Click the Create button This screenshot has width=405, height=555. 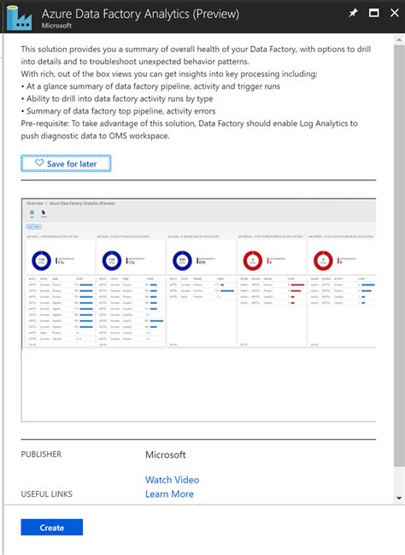[x=52, y=528]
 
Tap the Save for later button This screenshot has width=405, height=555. [x=66, y=163]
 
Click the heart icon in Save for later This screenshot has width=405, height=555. [x=39, y=163]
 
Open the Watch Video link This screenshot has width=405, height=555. [x=172, y=480]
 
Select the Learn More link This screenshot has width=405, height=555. [x=169, y=494]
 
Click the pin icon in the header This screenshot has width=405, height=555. [x=354, y=14]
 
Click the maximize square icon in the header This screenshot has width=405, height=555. [x=373, y=14]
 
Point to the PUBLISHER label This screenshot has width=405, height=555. [x=41, y=455]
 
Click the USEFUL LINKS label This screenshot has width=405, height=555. [x=46, y=494]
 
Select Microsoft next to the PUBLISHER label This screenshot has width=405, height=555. [x=165, y=455]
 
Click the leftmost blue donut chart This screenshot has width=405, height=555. [x=41, y=260]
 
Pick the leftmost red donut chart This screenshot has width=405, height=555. [x=254, y=260]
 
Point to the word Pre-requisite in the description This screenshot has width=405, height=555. [x=49, y=124]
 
